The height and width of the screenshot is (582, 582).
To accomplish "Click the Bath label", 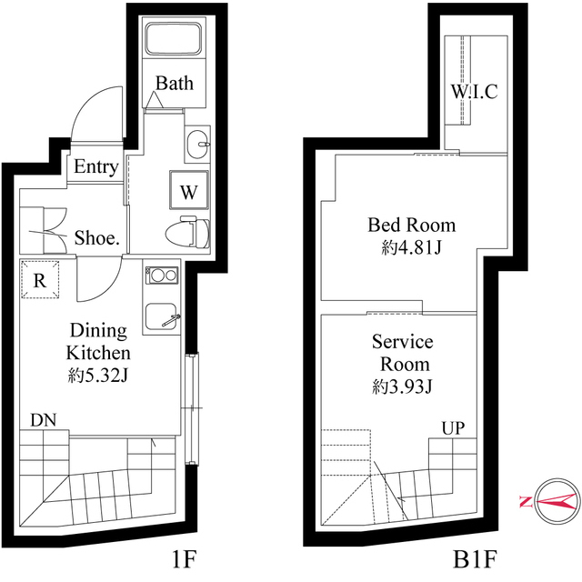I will coord(174,84).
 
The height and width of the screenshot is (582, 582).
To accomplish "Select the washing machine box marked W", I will coord(187,192).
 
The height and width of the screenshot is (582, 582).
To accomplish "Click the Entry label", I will coord(95,167).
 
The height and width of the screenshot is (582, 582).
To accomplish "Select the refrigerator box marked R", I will coord(40,280).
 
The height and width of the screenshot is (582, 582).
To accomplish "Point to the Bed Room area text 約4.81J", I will coord(411,246).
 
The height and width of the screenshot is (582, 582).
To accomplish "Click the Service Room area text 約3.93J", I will coord(402,387).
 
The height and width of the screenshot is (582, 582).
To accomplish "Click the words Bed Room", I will coord(411,225).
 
